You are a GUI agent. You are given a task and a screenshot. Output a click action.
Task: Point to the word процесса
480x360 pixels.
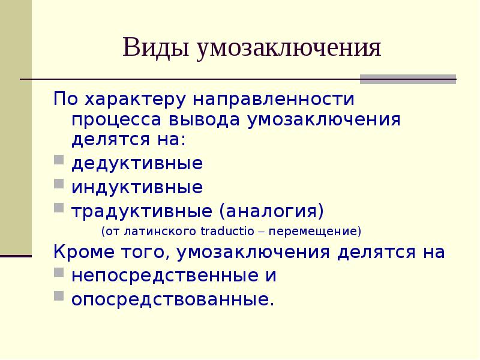coord(124,119)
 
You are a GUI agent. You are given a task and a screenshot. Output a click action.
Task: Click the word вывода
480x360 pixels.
coord(212,119)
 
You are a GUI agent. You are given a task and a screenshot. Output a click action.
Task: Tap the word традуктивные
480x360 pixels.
coord(142,211)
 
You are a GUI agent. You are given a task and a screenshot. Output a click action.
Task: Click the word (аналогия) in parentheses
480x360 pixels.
coord(271,211)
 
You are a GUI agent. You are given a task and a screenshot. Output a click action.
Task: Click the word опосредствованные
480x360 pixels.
coord(172,298)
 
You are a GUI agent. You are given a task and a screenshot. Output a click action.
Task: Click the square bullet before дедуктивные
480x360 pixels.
coord(58,162)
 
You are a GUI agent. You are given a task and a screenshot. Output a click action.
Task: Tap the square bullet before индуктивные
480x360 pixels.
coord(58,185)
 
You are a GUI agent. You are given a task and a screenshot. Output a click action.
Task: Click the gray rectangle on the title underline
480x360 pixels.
coord(407,79)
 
